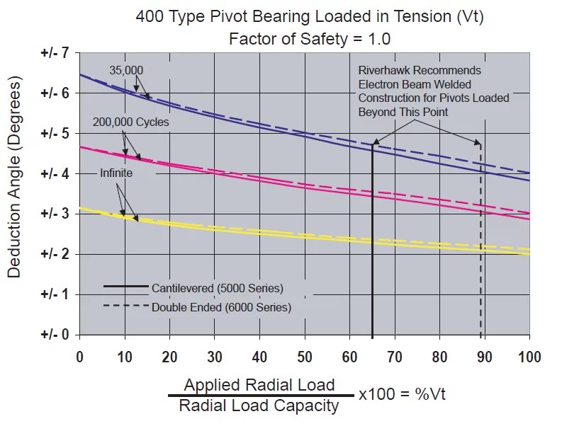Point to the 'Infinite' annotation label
(x=116, y=173)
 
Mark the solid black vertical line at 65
(x=372, y=248)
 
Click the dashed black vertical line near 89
(x=480, y=248)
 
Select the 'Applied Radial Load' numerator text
(x=259, y=385)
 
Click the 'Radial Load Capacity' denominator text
(x=259, y=406)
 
